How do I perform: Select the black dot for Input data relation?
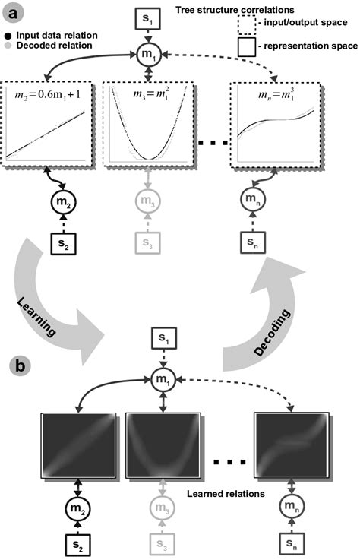click(x=7, y=35)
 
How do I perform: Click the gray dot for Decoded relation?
click(x=7, y=46)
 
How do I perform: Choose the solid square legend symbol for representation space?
click(x=245, y=47)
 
